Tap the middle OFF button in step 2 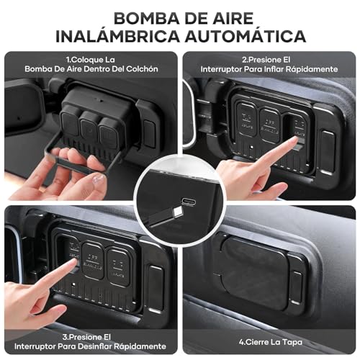[x=270, y=119]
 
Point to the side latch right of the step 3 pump [x=156, y=279]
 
